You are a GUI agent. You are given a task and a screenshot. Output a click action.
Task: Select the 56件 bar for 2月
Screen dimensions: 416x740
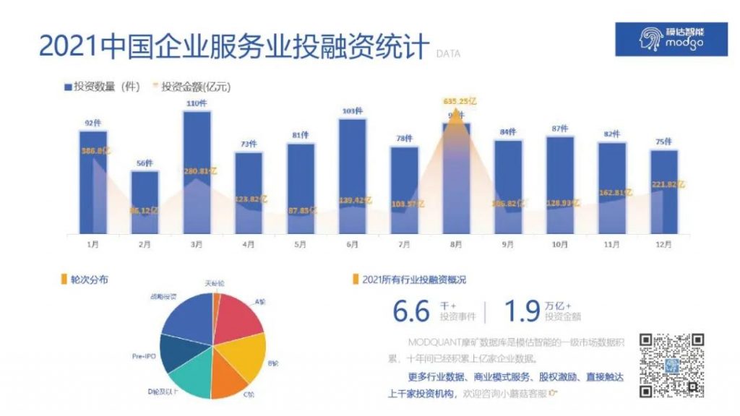point(145,201)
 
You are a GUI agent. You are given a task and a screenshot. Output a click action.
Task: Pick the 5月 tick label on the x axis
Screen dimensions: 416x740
point(301,245)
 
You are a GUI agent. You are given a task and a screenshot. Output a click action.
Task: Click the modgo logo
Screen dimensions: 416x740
point(671,38)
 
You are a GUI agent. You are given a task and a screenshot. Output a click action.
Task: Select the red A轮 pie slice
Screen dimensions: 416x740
point(238,315)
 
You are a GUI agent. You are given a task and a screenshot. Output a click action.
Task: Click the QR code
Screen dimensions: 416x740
point(671,365)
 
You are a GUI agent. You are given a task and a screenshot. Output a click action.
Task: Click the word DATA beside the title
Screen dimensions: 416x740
point(448,53)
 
